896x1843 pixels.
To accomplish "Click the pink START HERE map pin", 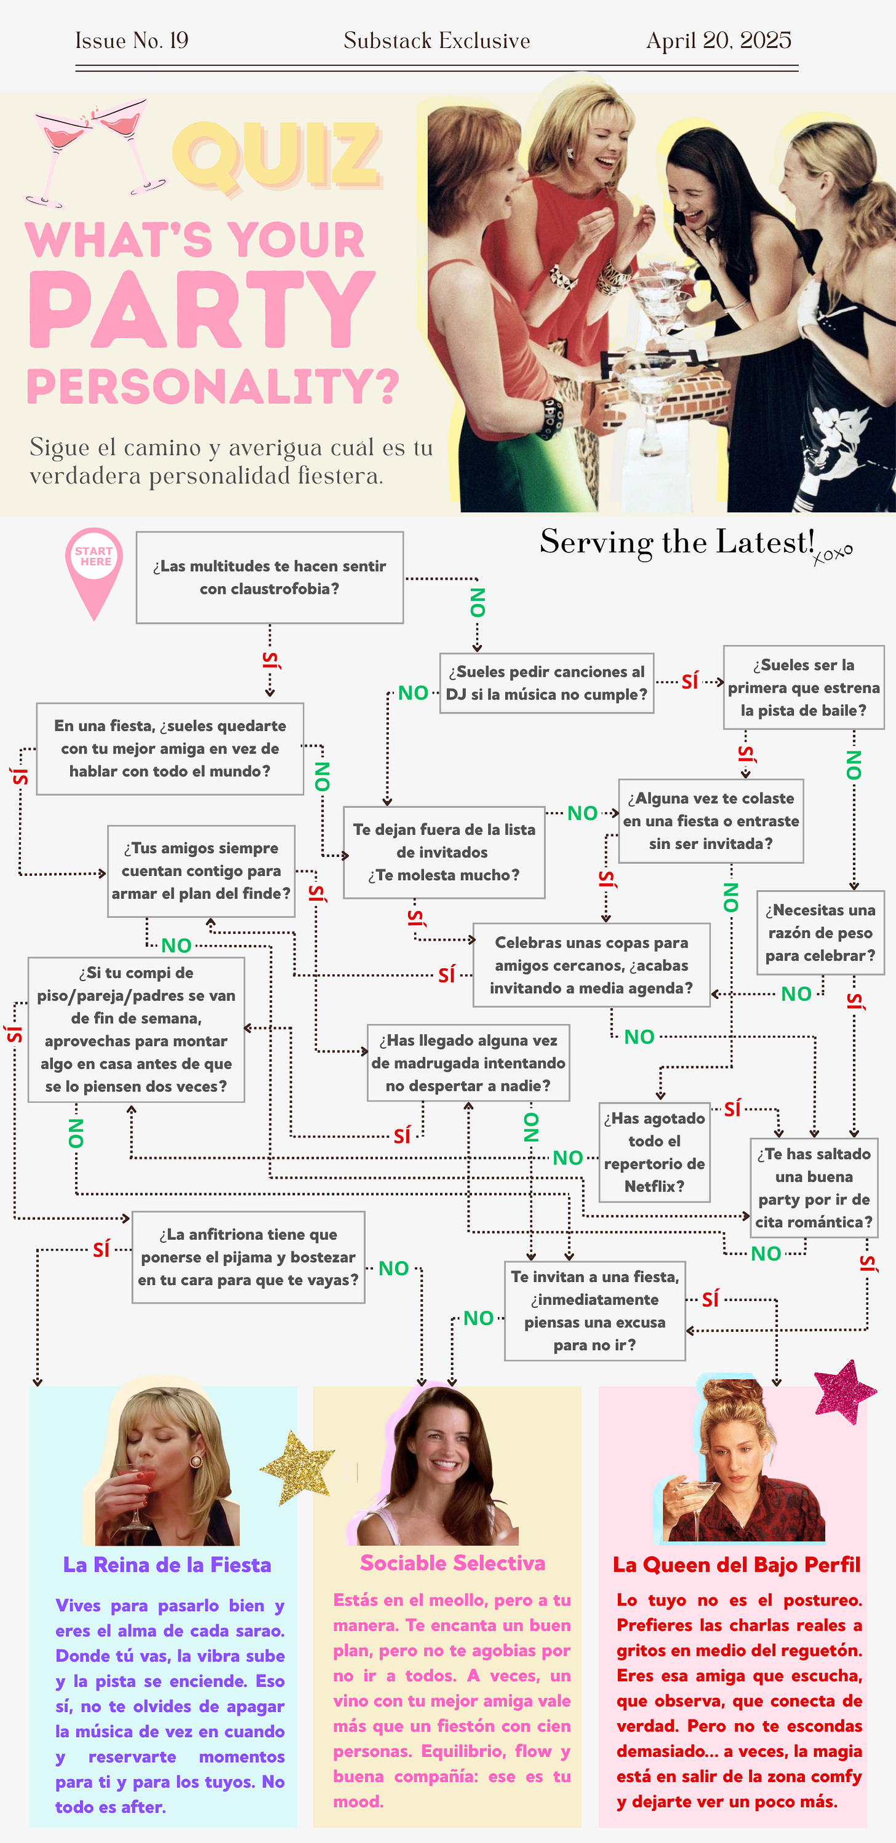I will pyautogui.click(x=94, y=566).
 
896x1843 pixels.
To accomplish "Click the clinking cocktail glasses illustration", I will pyautogui.click(x=93, y=149).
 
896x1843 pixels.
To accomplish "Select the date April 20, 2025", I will pyautogui.click(x=719, y=41).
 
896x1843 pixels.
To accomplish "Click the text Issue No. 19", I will pyautogui.click(x=132, y=41).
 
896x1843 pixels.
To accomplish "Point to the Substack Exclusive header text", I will pyautogui.click(x=436, y=41).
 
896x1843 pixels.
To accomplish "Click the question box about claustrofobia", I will pyautogui.click(x=269, y=578).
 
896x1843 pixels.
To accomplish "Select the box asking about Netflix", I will pyautogui.click(x=654, y=1152).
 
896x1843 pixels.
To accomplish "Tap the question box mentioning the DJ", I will pyautogui.click(x=546, y=683).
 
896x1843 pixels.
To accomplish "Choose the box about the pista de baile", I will pyautogui.click(x=803, y=688).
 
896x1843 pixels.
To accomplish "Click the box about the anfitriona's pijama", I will pyautogui.click(x=249, y=1257).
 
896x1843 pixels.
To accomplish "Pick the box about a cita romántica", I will pyautogui.click(x=814, y=1188).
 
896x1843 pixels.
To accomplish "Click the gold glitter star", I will pyautogui.click(x=297, y=1466).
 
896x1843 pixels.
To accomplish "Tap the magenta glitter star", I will pyautogui.click(x=844, y=1391).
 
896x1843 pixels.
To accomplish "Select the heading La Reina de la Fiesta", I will pyautogui.click(x=167, y=1565).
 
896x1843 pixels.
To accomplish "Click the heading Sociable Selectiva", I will pyautogui.click(x=452, y=1563).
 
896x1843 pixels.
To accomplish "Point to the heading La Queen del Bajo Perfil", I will pyautogui.click(x=736, y=1565).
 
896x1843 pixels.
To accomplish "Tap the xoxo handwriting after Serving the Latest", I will pyautogui.click(x=832, y=553).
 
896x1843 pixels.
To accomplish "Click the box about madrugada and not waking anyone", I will pyautogui.click(x=468, y=1062).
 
